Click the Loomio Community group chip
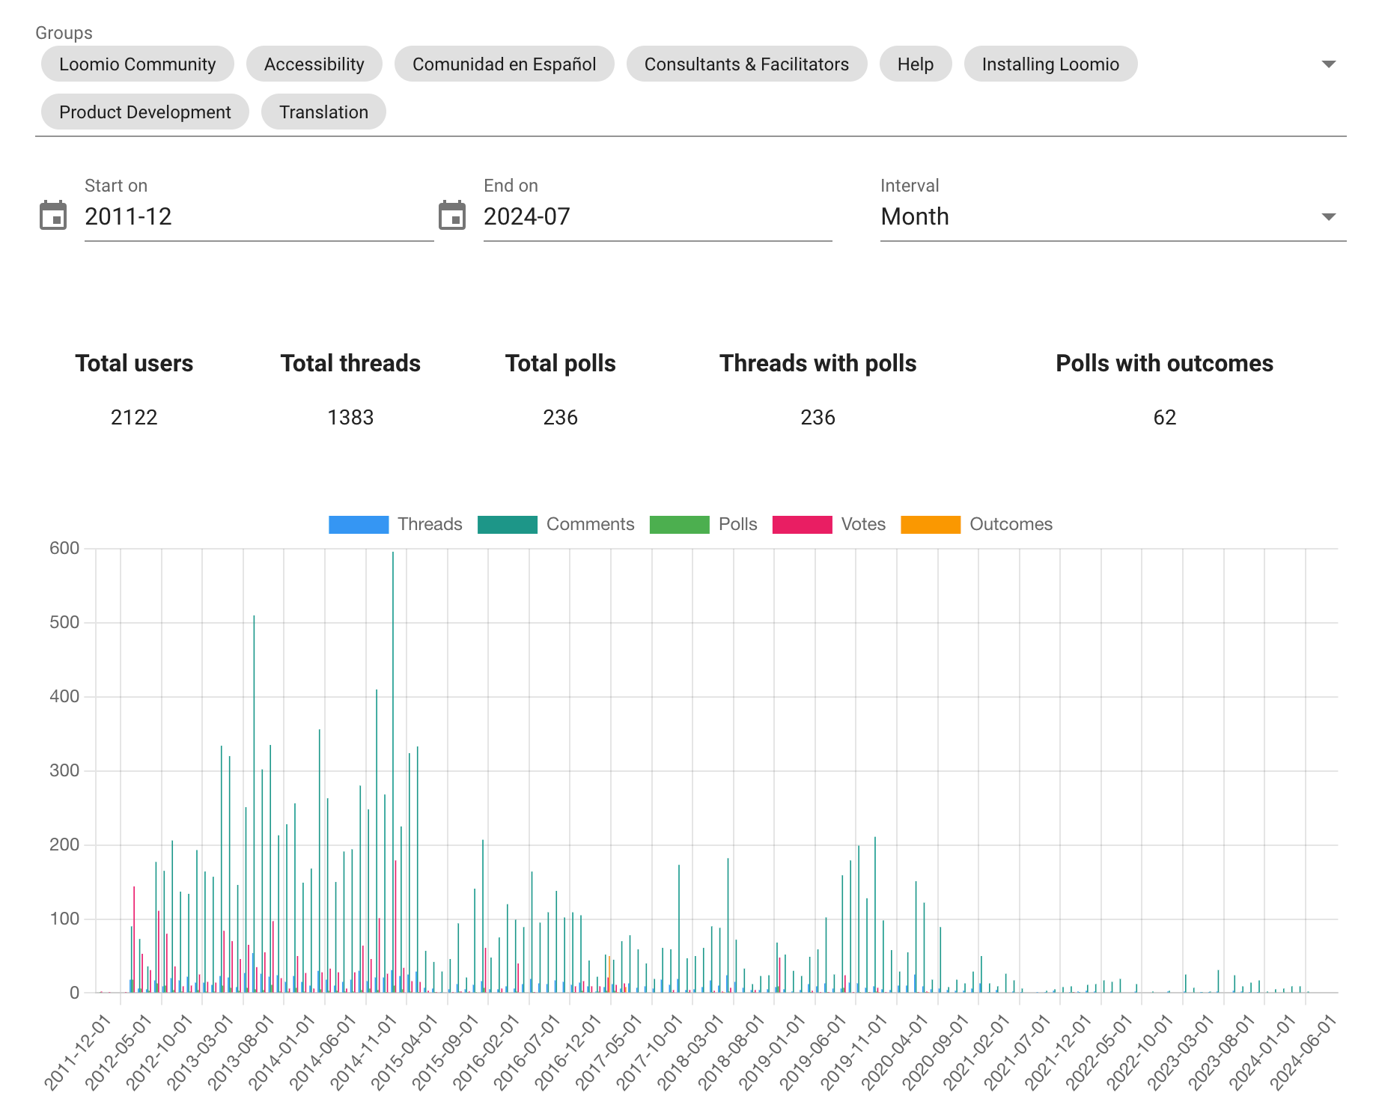(x=137, y=64)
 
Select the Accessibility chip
(x=314, y=64)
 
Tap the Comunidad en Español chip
(x=504, y=64)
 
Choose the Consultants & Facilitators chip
(x=746, y=64)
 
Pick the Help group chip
(x=915, y=64)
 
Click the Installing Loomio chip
(x=1050, y=64)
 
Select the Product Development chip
(x=144, y=112)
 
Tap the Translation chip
(x=323, y=112)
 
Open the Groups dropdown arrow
(x=1329, y=64)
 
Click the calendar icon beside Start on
(x=53, y=216)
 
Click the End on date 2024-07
(x=527, y=216)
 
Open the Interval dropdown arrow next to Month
(x=1329, y=217)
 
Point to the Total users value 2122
(x=134, y=418)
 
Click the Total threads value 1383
(x=350, y=418)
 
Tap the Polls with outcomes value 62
(x=1165, y=418)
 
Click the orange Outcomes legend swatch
(x=931, y=525)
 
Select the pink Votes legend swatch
(x=802, y=525)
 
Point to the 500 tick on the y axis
(x=64, y=622)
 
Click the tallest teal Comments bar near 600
(x=393, y=772)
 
